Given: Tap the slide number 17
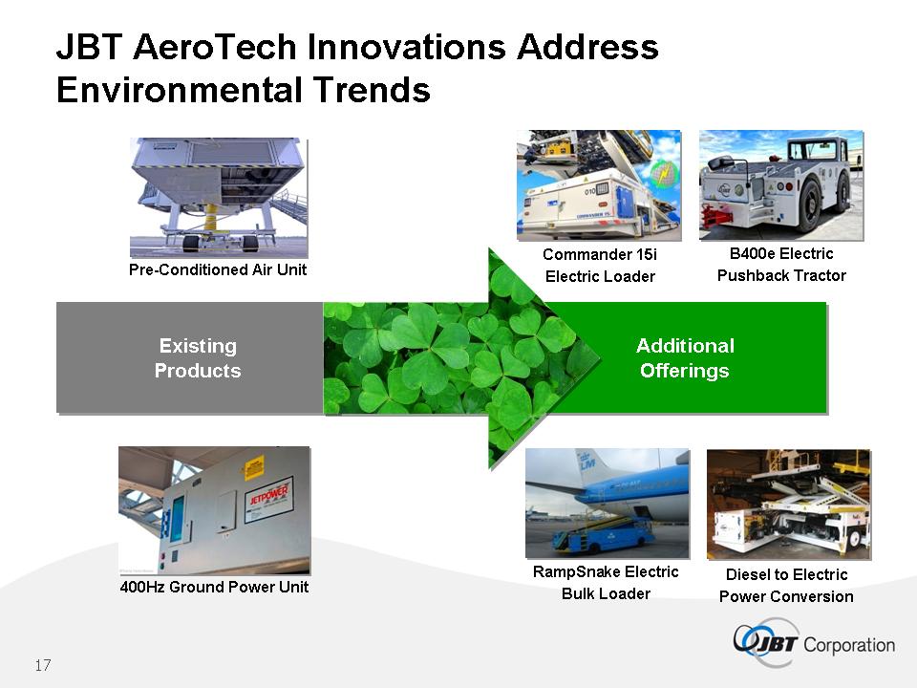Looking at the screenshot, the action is pyautogui.click(x=43, y=665).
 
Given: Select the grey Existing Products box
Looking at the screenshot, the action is pyautogui.click(x=190, y=357).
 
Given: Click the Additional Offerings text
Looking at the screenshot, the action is pyautogui.click(x=685, y=358).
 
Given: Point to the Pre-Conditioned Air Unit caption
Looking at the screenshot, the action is pyautogui.click(x=218, y=269).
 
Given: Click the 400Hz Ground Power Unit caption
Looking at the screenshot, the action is pyautogui.click(x=214, y=587).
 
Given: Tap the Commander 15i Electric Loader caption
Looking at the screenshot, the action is pyautogui.click(x=600, y=265).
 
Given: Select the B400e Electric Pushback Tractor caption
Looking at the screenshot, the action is pyautogui.click(x=781, y=265).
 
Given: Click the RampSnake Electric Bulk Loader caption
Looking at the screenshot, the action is pyautogui.click(x=606, y=583).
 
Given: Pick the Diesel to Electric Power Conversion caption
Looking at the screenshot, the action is pyautogui.click(x=786, y=586).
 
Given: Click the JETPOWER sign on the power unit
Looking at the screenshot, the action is pyautogui.click(x=269, y=497).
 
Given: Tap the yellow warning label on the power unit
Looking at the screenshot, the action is pyautogui.click(x=254, y=468).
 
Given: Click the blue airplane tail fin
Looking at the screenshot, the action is pyautogui.click(x=585, y=467).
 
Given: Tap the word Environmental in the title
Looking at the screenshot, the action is pyautogui.click(x=180, y=90).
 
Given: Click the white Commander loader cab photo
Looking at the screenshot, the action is pyautogui.click(x=599, y=184).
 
